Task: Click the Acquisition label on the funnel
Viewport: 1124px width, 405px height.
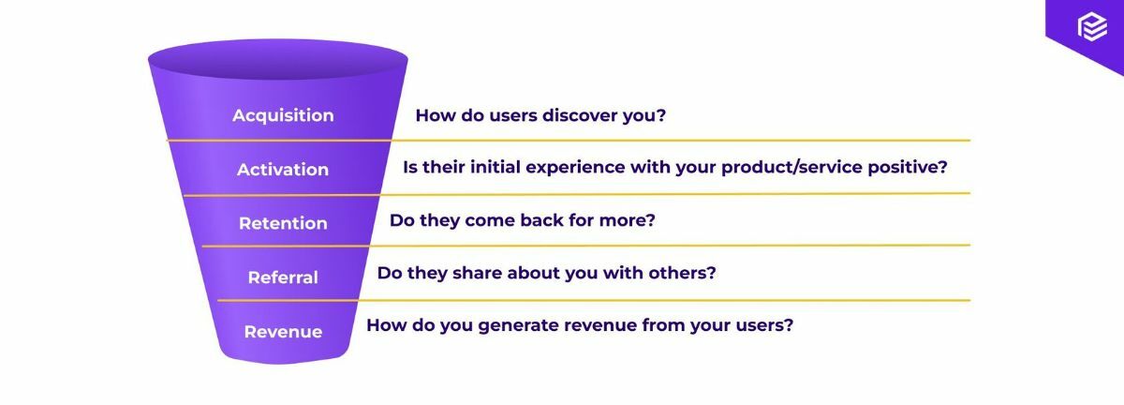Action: pyautogui.click(x=283, y=115)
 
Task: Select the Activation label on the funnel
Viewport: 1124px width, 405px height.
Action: pyautogui.click(x=283, y=170)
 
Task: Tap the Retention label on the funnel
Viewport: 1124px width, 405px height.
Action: pyautogui.click(x=283, y=223)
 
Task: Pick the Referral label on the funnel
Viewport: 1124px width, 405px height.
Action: pyautogui.click(x=283, y=277)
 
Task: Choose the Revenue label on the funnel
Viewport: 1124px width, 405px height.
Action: pyautogui.click(x=283, y=332)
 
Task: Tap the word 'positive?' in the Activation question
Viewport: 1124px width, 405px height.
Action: pyautogui.click(x=907, y=168)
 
